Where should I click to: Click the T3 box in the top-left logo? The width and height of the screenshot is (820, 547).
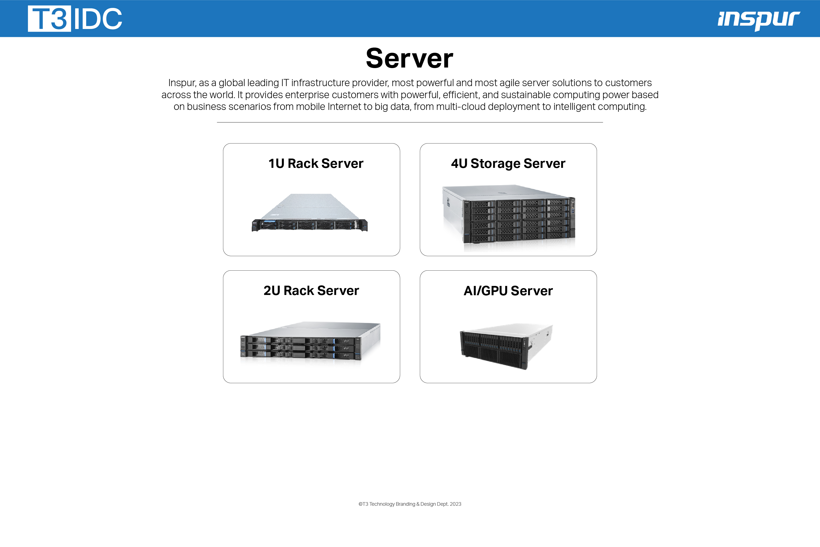(x=49, y=19)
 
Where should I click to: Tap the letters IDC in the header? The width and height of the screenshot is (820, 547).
(x=98, y=19)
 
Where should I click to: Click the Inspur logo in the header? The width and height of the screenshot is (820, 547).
(x=758, y=20)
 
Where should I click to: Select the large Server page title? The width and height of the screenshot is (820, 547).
(x=409, y=58)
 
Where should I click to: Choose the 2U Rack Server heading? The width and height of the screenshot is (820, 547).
(x=311, y=291)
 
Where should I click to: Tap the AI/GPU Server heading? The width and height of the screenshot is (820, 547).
(x=508, y=291)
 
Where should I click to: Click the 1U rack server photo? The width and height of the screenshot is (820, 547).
(x=310, y=212)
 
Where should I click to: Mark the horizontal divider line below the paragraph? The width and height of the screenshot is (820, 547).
(x=410, y=122)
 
